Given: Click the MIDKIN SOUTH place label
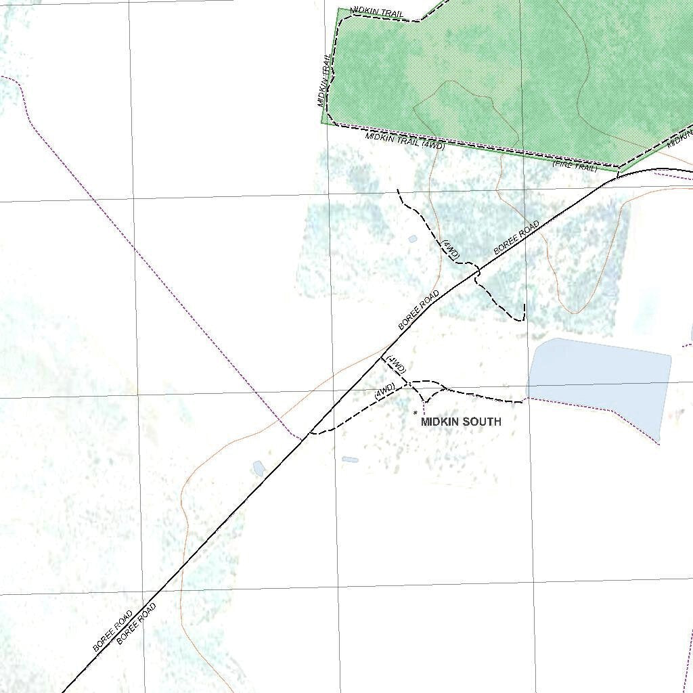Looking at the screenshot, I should [461, 422].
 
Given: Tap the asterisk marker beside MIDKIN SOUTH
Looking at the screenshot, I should [415, 412].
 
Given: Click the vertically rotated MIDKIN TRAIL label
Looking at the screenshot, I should [326, 80].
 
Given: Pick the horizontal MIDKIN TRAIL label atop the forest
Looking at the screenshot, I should [377, 13].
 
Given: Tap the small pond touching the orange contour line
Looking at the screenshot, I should [258, 468].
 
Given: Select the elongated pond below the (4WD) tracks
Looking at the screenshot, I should [350, 460].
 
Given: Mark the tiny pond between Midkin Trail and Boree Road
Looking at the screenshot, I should [413, 239].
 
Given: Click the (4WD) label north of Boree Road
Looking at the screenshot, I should [451, 249].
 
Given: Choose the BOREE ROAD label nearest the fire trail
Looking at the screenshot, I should [517, 238].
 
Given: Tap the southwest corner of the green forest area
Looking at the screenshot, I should [322, 124].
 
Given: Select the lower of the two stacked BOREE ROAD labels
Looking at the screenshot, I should [137, 623].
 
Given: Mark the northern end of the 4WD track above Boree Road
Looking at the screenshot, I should [397, 190].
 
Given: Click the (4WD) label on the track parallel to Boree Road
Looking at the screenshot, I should [384, 390].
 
